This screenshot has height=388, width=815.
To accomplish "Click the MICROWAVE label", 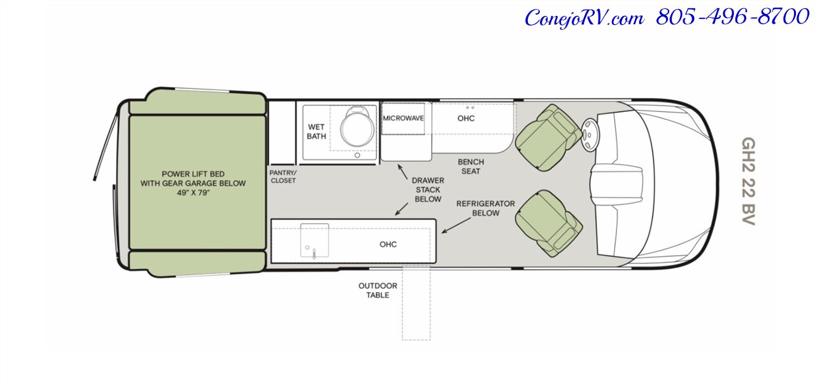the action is [x=403, y=118].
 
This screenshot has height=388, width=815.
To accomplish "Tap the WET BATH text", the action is [x=316, y=132].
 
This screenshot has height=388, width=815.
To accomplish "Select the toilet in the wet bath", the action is [x=357, y=125].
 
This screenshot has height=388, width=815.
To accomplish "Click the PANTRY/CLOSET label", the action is [x=283, y=177].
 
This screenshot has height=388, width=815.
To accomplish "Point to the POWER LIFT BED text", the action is [x=193, y=174].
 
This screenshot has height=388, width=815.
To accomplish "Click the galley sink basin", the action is [x=315, y=240].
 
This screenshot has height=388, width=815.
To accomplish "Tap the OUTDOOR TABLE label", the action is [x=378, y=290].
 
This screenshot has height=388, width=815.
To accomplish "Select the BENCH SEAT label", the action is [x=471, y=167].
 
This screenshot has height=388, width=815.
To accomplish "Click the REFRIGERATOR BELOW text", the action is [x=486, y=208].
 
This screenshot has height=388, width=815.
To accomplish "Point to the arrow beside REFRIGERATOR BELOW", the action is [x=457, y=225].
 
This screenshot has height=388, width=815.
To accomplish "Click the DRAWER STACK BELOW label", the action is [x=428, y=190].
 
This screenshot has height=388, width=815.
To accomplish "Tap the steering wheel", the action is [x=589, y=134].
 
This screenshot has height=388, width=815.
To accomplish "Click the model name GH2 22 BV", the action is [x=748, y=181].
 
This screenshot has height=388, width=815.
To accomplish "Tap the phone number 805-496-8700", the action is [x=732, y=17].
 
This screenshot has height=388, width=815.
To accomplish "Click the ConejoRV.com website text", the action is [x=585, y=18].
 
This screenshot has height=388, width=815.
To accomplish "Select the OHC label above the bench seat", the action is [x=466, y=118].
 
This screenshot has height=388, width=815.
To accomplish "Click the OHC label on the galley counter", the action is [x=388, y=244].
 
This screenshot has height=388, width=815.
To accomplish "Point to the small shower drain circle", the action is [x=357, y=155].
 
